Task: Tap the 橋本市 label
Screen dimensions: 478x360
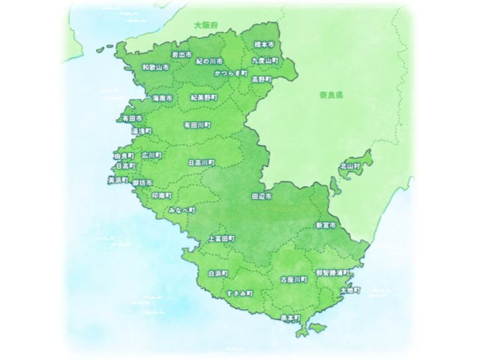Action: pyautogui.click(x=264, y=45)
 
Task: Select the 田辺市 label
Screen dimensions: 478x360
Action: pyautogui.click(x=262, y=197)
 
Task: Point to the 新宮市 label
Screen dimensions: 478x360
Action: pyautogui.click(x=326, y=226)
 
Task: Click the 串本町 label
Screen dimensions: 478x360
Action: pyautogui.click(x=290, y=318)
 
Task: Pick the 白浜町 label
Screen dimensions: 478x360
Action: pyautogui.click(x=218, y=273)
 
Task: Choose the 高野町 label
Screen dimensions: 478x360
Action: pyautogui.click(x=261, y=79)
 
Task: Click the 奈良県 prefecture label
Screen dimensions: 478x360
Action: pyautogui.click(x=329, y=95)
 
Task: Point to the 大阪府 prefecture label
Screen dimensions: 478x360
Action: pyautogui.click(x=206, y=25)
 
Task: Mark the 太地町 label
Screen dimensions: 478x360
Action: pyautogui.click(x=349, y=290)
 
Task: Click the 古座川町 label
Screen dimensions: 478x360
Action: pyautogui.click(x=294, y=280)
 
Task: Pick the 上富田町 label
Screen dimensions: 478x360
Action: pyautogui.click(x=221, y=238)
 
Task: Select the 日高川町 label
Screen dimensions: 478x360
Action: pyautogui.click(x=201, y=161)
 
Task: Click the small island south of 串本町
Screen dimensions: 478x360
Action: pyautogui.click(x=317, y=327)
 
